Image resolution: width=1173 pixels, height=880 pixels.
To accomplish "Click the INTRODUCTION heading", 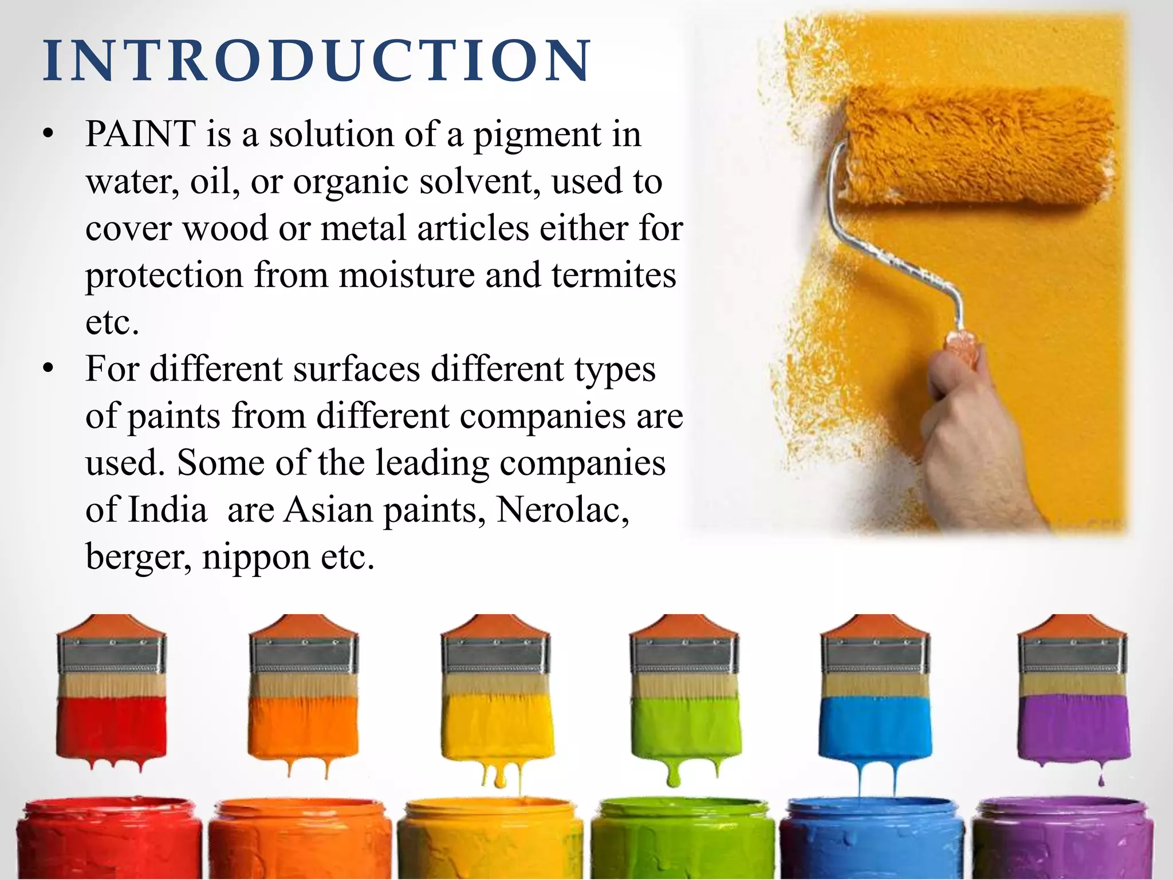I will pyautogui.click(x=317, y=61).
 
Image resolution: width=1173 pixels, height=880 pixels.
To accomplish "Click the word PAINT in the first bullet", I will pyautogui.click(x=141, y=135).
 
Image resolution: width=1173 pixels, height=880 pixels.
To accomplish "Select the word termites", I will pyautogui.click(x=613, y=275).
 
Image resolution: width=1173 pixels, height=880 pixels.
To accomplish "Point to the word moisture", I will pyautogui.click(x=407, y=275).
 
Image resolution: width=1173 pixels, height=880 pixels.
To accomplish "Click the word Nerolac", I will pyautogui.click(x=562, y=509).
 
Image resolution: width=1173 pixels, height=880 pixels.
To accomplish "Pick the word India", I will pyautogui.click(x=167, y=509).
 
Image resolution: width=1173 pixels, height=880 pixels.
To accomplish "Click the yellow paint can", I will pyautogui.click(x=490, y=839).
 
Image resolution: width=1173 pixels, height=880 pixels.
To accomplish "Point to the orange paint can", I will pyautogui.click(x=299, y=839).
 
